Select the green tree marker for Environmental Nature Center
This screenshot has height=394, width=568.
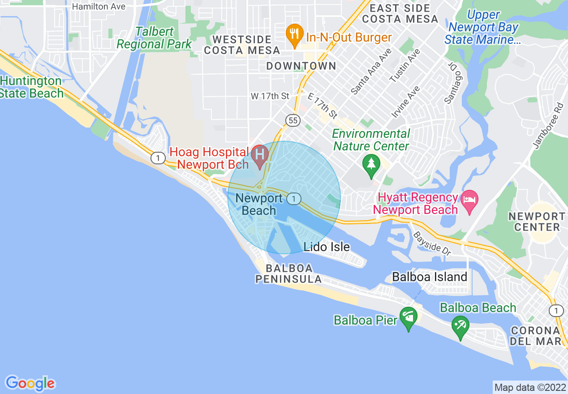[x=371, y=164]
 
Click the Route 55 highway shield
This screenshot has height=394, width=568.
[x=293, y=120]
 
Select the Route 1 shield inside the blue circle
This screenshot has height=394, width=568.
[x=293, y=198]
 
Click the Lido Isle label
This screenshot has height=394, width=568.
[x=327, y=247]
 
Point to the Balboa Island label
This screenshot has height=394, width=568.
[x=430, y=277]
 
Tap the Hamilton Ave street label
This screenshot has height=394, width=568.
[x=99, y=6]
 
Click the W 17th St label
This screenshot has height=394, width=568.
[x=270, y=96]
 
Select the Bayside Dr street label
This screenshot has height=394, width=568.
[x=432, y=244]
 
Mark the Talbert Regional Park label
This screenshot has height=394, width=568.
[x=154, y=38]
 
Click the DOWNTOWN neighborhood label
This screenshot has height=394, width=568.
[x=301, y=66]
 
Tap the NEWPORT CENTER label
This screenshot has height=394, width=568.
[x=537, y=222]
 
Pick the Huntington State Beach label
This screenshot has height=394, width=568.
[x=31, y=87]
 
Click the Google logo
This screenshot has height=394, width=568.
[x=30, y=383]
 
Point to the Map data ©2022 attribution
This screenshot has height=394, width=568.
[x=530, y=387]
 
